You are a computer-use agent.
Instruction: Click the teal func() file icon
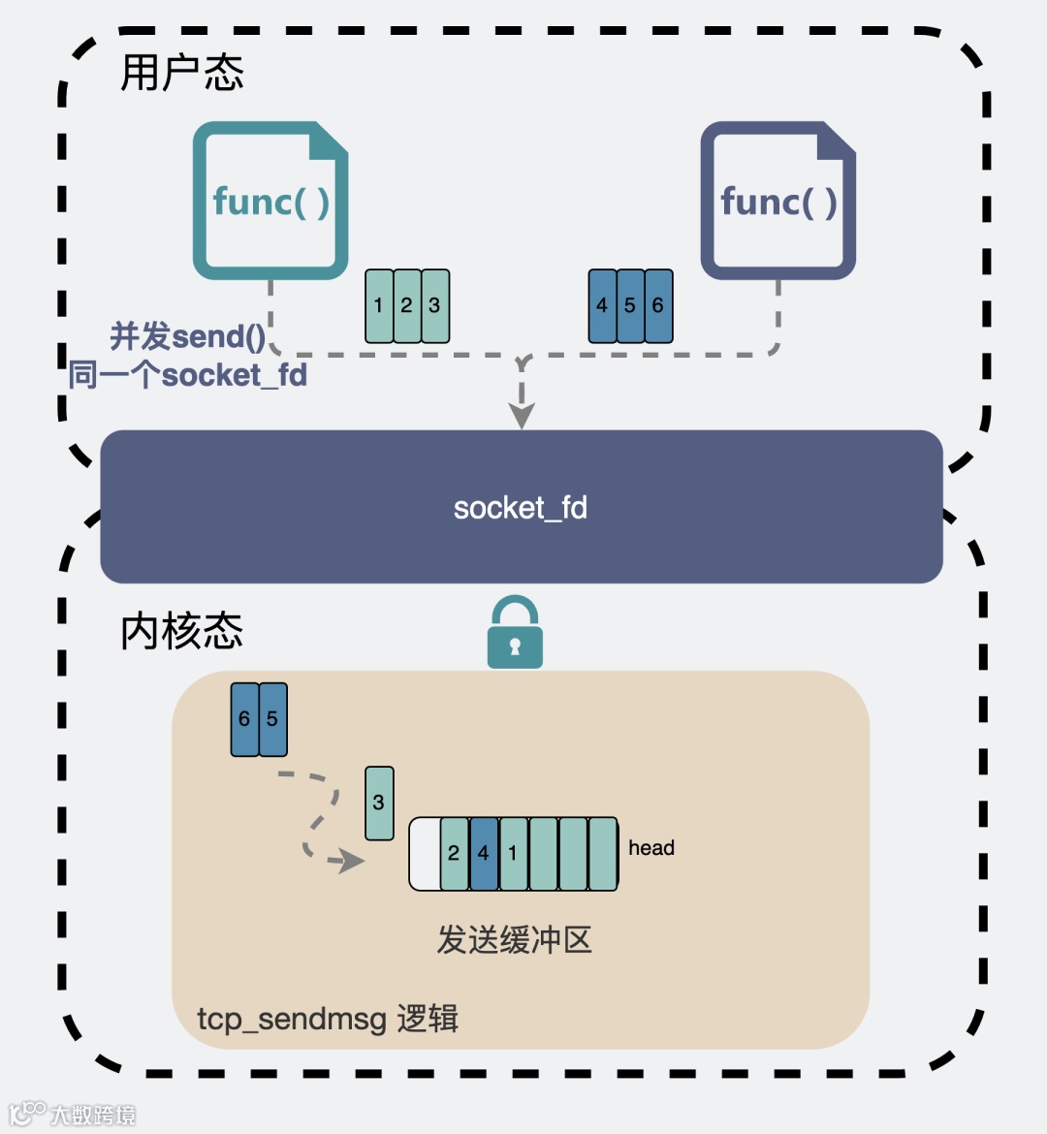[x=270, y=201]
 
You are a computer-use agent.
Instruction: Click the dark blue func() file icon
[x=777, y=201]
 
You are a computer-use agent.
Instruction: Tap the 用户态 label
[x=181, y=73]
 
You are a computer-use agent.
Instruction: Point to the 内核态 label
[x=181, y=631]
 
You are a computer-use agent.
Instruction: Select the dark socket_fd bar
[x=522, y=507]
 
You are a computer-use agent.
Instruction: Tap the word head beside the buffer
[x=650, y=848]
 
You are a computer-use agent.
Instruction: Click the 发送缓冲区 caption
[x=514, y=939]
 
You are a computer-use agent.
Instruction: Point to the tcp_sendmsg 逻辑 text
[x=328, y=1019]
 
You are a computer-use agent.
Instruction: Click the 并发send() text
[x=187, y=336]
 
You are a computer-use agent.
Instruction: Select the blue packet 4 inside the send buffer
[x=484, y=854]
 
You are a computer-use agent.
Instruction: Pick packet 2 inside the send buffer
[x=454, y=854]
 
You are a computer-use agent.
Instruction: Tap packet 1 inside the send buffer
[x=513, y=854]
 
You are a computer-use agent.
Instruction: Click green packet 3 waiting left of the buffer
[x=379, y=803]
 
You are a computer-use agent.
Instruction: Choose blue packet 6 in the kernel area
[x=244, y=719]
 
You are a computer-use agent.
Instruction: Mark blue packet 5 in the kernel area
[x=272, y=719]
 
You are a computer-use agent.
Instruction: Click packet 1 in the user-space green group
[x=379, y=305]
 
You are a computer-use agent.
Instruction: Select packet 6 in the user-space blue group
[x=657, y=305]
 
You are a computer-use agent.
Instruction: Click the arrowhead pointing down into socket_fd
[x=522, y=415]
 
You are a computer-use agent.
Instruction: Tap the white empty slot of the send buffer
[x=425, y=854]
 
